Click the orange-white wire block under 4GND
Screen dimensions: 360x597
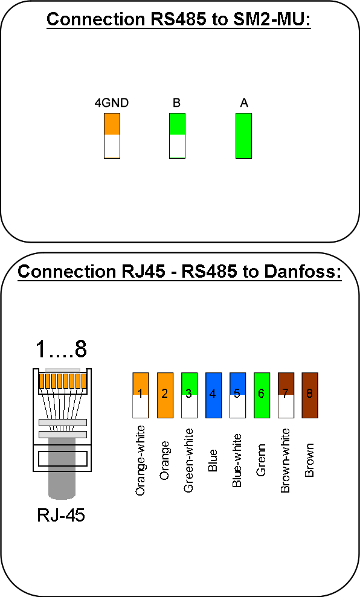pyautogui.click(x=112, y=136)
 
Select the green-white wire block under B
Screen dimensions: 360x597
pyautogui.click(x=177, y=136)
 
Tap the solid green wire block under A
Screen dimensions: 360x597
pyautogui.click(x=244, y=136)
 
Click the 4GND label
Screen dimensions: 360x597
pyautogui.click(x=112, y=103)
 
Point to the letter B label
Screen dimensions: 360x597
pyautogui.click(x=176, y=103)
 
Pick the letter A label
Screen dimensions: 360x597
pyautogui.click(x=244, y=103)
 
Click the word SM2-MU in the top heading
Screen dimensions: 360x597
pyautogui.click(x=272, y=19)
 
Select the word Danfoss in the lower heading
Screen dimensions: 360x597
pyautogui.click(x=303, y=272)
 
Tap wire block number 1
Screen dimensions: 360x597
pyautogui.click(x=141, y=395)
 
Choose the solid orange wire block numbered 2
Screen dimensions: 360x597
pyautogui.click(x=165, y=395)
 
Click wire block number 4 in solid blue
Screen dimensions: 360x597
pyautogui.click(x=213, y=395)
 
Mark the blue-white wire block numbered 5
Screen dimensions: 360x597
pyautogui.click(x=238, y=395)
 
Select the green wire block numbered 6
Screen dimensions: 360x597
pyautogui.click(x=262, y=395)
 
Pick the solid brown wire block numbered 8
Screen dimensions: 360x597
pyautogui.click(x=310, y=395)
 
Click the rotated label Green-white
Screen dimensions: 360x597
pyautogui.click(x=188, y=461)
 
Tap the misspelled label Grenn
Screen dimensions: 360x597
pyautogui.click(x=261, y=460)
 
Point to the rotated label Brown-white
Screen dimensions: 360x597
pyautogui.click(x=285, y=461)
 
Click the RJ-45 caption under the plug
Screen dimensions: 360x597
pyautogui.click(x=61, y=515)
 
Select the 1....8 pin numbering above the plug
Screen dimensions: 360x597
pyautogui.click(x=61, y=349)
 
